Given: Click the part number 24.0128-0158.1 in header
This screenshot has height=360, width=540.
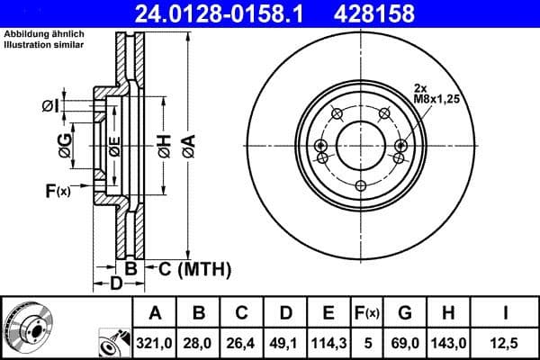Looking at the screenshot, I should (x=233, y=13).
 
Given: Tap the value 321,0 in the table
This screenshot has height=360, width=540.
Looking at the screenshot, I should (x=155, y=342).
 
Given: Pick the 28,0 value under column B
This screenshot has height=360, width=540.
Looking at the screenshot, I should (x=199, y=342).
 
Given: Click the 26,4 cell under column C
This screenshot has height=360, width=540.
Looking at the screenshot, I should (x=242, y=342).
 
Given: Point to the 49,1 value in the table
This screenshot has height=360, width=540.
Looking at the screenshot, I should (x=285, y=342).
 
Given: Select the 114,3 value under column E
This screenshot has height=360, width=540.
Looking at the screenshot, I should (x=328, y=342).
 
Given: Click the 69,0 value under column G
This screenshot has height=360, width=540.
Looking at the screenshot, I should (x=404, y=342).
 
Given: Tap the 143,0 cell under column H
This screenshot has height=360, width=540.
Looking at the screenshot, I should (x=447, y=342).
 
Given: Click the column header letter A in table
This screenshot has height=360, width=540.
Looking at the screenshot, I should (x=155, y=313).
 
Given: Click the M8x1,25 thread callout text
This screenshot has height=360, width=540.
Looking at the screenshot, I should (x=436, y=100).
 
